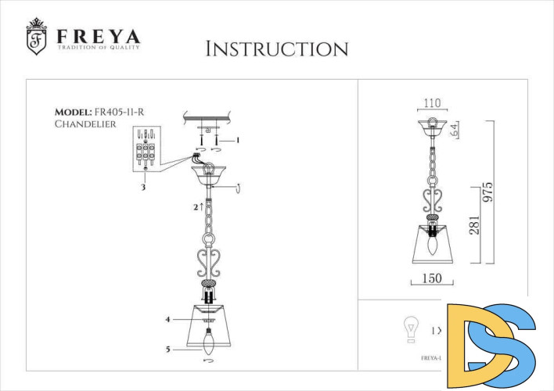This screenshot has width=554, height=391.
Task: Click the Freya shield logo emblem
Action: click(x=36, y=37)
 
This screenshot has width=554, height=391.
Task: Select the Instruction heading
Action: click(x=276, y=49)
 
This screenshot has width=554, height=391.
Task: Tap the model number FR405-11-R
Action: click(x=118, y=112)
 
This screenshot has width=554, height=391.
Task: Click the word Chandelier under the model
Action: click(x=85, y=124)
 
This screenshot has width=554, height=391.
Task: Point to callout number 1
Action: click(x=238, y=140)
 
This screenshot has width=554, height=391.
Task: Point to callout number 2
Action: click(x=196, y=207)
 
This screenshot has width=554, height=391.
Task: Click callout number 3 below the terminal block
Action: click(x=143, y=188)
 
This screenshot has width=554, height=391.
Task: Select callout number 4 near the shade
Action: click(x=167, y=319)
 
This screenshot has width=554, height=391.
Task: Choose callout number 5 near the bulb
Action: click(x=167, y=350)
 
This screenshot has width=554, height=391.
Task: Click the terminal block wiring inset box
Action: click(x=146, y=148)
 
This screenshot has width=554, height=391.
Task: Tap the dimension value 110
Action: click(x=432, y=102)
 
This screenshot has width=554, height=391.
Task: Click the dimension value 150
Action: click(x=432, y=278)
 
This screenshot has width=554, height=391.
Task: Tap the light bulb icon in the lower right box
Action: click(x=408, y=330)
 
